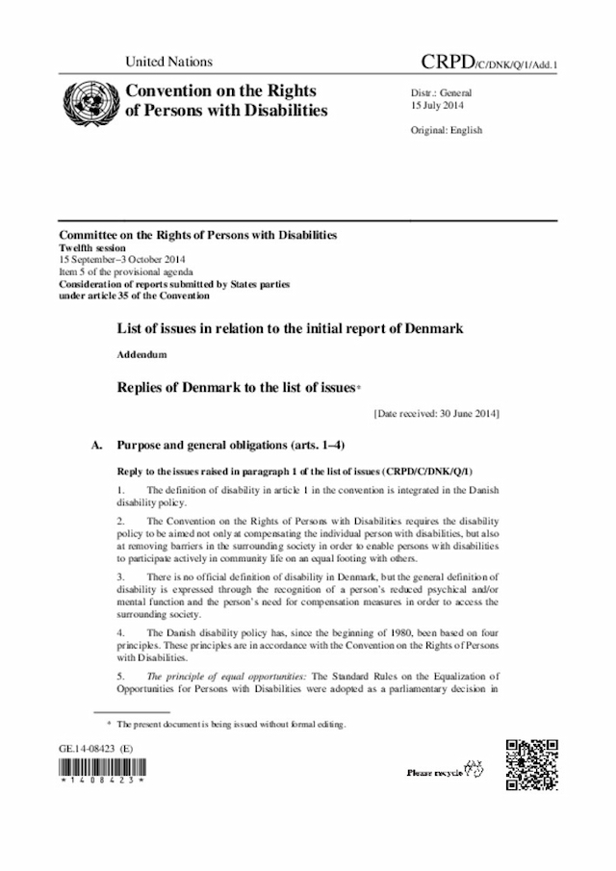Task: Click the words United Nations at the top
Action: tap(168, 62)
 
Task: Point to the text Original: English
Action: tap(447, 130)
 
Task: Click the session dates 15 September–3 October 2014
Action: tap(122, 259)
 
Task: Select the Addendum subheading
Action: tap(141, 355)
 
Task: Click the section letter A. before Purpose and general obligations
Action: tap(95, 447)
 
